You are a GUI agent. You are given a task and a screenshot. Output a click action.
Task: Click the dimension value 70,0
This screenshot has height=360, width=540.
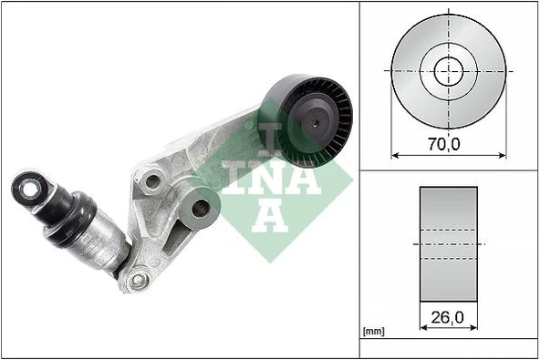pyautogui.click(x=448, y=142)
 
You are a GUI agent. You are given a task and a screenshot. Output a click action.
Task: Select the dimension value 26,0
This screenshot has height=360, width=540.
pyautogui.click(x=448, y=319)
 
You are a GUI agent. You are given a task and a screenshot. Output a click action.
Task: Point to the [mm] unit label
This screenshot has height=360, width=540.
pyautogui.click(x=373, y=331)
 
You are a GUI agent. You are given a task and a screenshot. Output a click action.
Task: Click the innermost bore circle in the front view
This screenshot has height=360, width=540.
pyautogui.click(x=448, y=69)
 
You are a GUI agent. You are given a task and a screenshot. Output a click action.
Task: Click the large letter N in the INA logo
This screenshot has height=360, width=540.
pyautogui.click(x=272, y=180)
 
